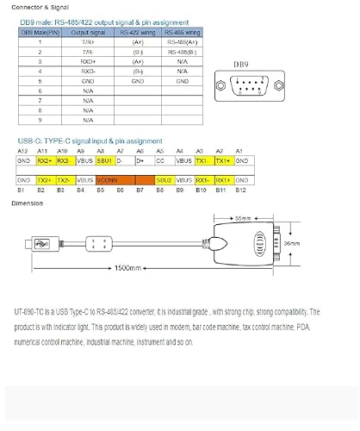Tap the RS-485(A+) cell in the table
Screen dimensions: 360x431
[x=182, y=41]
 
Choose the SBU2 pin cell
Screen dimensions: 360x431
[x=164, y=179]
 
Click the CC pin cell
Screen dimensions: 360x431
[x=159, y=161]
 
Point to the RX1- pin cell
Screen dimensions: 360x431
[x=203, y=179]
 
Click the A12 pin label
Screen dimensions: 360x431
[x=23, y=152]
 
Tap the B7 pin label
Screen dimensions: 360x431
[x=140, y=189]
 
